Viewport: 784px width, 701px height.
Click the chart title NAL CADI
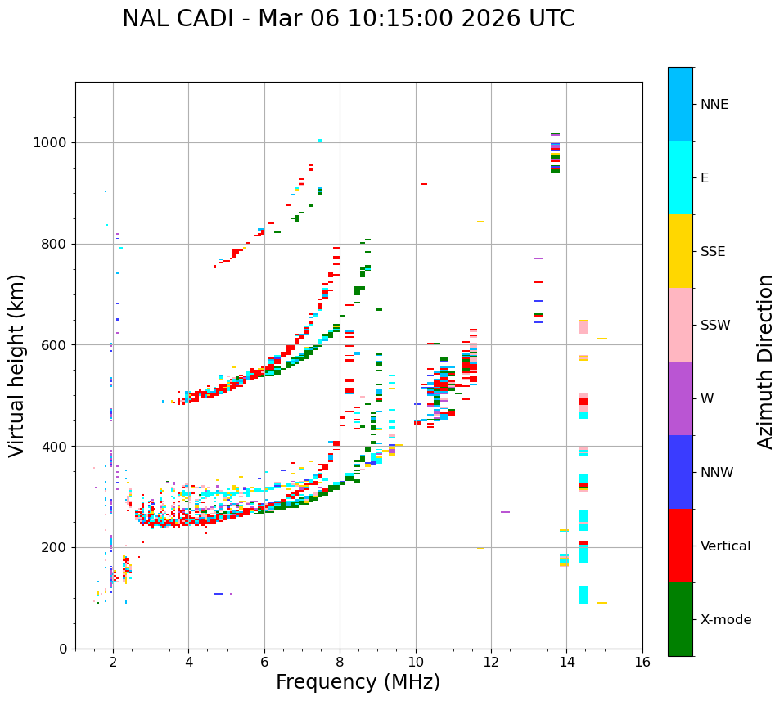tap(348, 19)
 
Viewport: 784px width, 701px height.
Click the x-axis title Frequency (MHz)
tap(358, 682)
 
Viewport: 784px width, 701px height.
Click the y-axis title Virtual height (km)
tap(17, 365)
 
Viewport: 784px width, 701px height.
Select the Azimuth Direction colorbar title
tap(765, 361)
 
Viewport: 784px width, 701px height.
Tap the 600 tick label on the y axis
tap(56, 345)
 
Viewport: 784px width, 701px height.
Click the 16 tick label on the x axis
tap(642, 662)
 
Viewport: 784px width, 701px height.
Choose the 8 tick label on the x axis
tap(340, 662)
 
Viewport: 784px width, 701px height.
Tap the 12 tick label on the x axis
tap(491, 662)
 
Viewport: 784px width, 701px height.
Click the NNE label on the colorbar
tap(714, 105)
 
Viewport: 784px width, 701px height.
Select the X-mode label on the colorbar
tap(726, 620)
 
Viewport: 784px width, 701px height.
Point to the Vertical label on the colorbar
tap(725, 546)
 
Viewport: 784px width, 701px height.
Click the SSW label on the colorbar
tap(715, 326)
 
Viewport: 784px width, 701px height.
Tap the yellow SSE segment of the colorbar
tap(680, 251)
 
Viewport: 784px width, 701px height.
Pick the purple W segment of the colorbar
tap(680, 398)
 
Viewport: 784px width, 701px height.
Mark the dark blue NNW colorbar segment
tap(680, 472)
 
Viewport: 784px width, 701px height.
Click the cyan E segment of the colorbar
tap(680, 177)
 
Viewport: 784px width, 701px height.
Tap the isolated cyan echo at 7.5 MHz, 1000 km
tap(319, 141)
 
